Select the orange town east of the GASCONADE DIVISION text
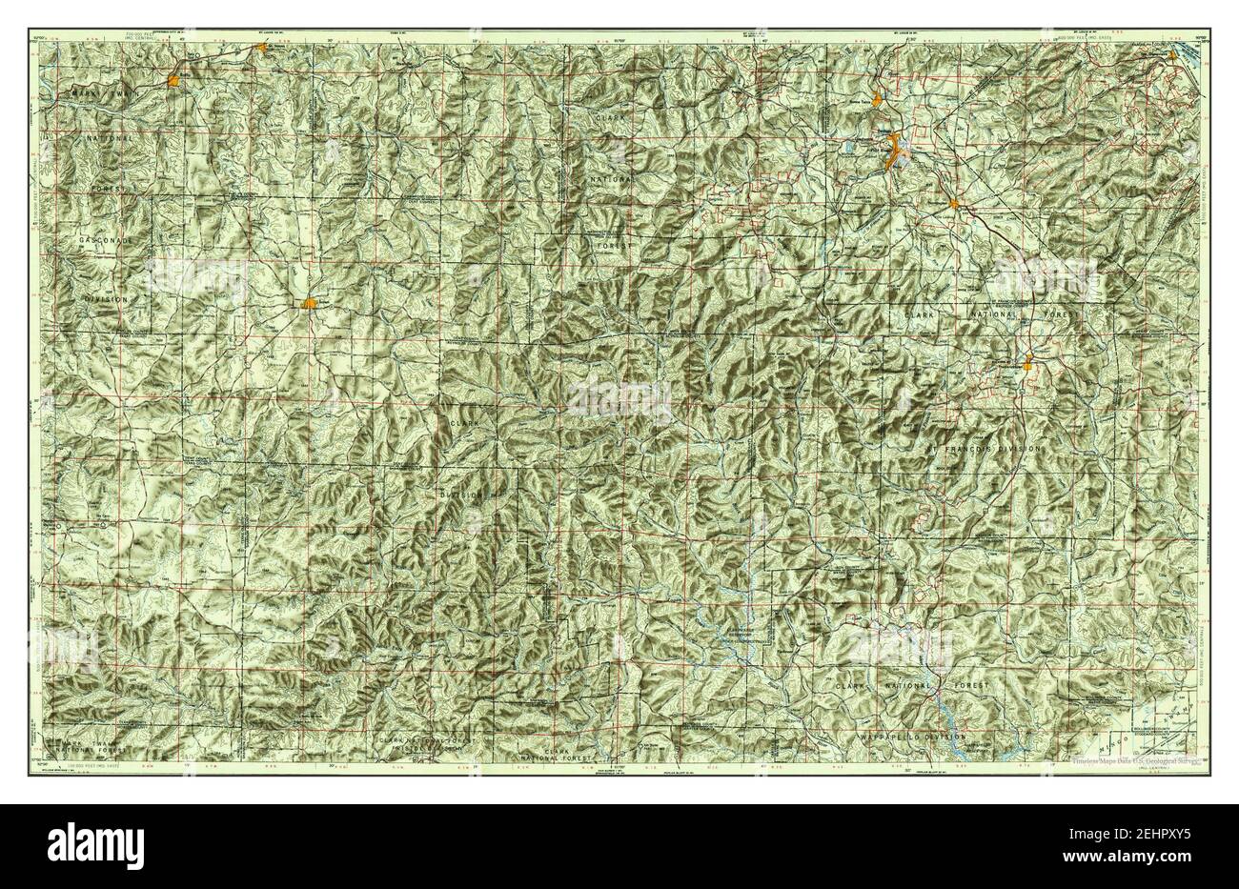(309, 303)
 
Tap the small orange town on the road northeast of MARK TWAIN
(260, 44)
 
